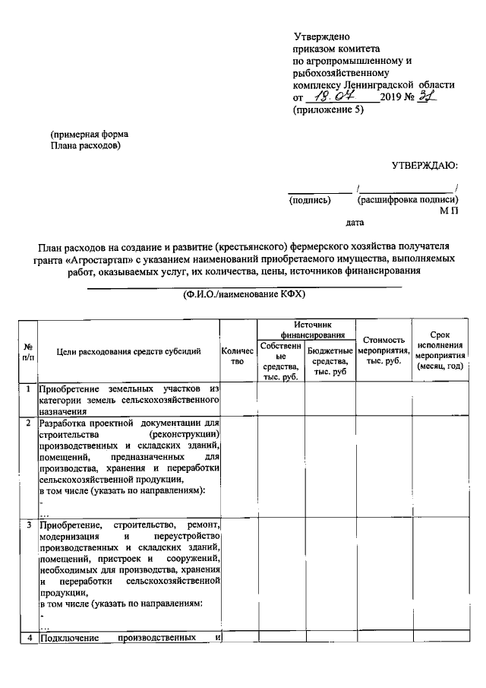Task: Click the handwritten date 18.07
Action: point(340,97)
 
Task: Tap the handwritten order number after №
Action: point(429,97)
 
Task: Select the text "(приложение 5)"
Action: point(328,110)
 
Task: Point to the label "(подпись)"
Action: point(310,201)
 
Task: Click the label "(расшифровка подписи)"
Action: point(407,201)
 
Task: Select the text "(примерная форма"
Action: point(84,134)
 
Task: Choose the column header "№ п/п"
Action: point(28,350)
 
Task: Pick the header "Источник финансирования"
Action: point(306,329)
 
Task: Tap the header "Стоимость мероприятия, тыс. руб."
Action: point(383,350)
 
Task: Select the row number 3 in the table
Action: point(28,525)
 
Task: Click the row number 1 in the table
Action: point(28,389)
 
